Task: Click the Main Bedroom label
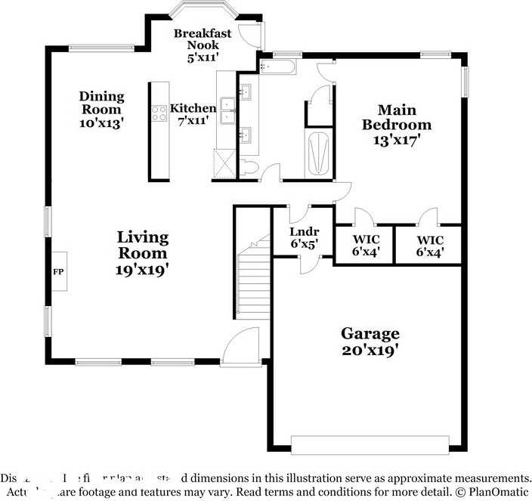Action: point(396,125)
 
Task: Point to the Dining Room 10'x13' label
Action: point(101,109)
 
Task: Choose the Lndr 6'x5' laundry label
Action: point(304,237)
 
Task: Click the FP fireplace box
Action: point(58,271)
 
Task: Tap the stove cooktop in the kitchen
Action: point(159,113)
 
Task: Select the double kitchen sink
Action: point(227,104)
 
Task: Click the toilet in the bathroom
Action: point(250,165)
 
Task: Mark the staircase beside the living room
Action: point(254,280)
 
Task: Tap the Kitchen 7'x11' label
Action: point(193,114)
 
